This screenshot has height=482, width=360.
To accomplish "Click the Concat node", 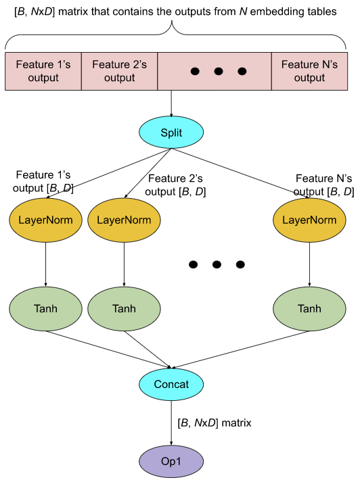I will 171,384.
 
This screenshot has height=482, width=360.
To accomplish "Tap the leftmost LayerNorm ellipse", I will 46,220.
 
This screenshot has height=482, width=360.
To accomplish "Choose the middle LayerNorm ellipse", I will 124,220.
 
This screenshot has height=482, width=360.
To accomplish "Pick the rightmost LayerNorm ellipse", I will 309,220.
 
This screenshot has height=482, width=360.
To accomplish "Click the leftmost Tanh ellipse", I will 46,308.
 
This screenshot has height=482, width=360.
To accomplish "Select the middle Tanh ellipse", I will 124,308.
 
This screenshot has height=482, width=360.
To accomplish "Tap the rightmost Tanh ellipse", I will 309,308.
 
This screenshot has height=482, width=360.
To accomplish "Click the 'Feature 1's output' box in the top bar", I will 43,71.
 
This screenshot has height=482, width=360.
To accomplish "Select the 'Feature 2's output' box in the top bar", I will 119,71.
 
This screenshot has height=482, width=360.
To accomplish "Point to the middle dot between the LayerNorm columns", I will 216,264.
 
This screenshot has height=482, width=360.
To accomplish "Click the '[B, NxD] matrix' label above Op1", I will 214,423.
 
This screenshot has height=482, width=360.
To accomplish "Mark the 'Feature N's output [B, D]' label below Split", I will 325,185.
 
